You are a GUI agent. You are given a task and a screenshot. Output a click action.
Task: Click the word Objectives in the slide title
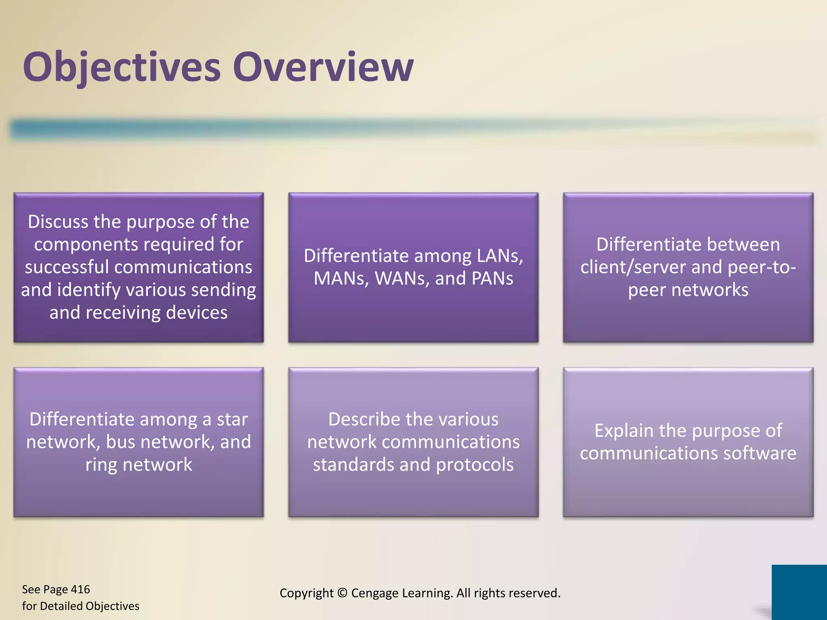pyautogui.click(x=122, y=67)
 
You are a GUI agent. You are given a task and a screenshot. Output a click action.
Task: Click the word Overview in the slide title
pyautogui.click(x=323, y=67)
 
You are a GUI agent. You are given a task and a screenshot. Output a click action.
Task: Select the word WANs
pyautogui.click(x=402, y=279)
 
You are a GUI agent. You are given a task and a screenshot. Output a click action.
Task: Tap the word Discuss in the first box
pyautogui.click(x=58, y=222)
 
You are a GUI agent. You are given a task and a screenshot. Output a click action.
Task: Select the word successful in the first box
pyautogui.click(x=67, y=267)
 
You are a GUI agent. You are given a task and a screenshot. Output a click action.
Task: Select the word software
pyautogui.click(x=760, y=453)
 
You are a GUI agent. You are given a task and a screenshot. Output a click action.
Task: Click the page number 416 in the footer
pyautogui.click(x=80, y=590)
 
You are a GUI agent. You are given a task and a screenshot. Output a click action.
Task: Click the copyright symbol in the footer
pyautogui.click(x=342, y=593)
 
